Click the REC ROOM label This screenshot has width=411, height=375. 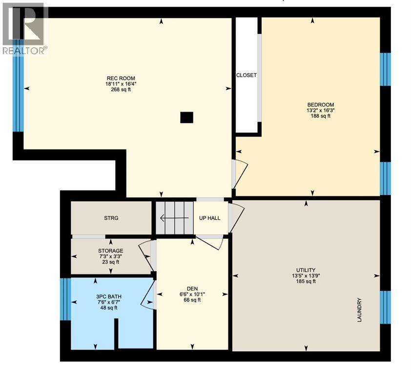pos(121,78)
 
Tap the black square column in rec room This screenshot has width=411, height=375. pos(186,117)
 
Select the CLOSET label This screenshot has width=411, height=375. pos(246,75)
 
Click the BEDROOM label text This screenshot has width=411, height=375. pos(320,104)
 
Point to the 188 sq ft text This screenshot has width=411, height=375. pos(320,116)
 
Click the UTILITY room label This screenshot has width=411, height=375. pos(306,270)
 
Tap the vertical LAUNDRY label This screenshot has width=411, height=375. pos(359,310)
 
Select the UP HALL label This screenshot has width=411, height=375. pos(209,218)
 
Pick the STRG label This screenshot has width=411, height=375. pos(111,218)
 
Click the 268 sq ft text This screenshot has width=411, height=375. pos(121,89)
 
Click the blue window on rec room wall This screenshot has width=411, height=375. pos(18,93)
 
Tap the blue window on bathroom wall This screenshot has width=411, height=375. pos(65,299)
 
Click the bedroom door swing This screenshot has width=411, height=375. pos(240,173)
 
